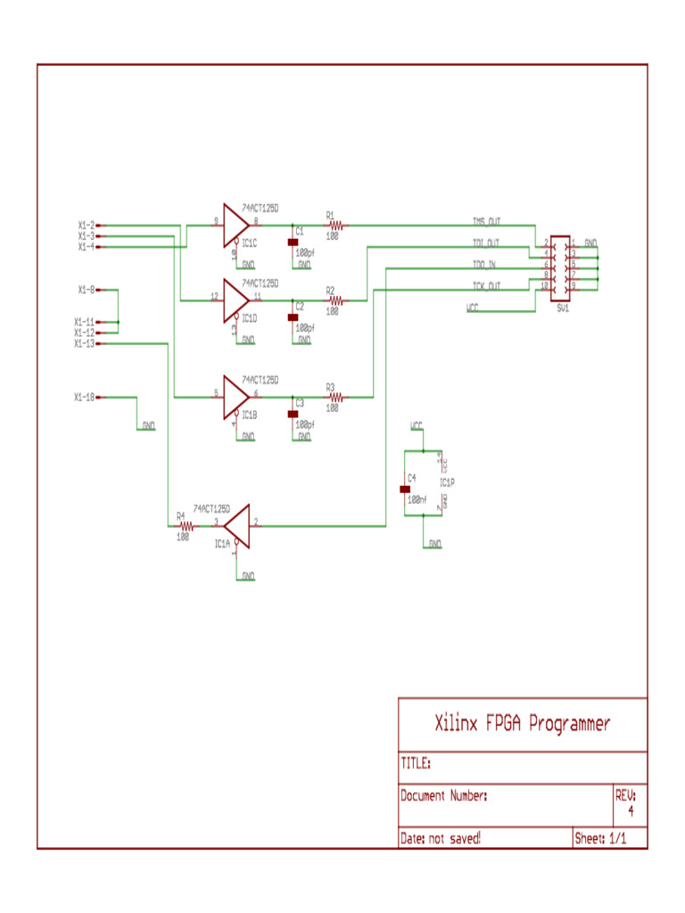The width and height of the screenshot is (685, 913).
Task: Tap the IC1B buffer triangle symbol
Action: (x=235, y=397)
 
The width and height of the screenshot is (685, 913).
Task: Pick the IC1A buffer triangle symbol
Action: (x=238, y=526)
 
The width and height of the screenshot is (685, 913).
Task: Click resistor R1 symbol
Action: (x=335, y=226)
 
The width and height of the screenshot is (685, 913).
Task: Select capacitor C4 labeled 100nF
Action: (x=404, y=489)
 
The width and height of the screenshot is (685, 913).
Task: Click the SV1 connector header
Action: (x=560, y=264)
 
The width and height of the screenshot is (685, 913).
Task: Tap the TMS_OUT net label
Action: (x=486, y=221)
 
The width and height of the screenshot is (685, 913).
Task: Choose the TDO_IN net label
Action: (x=485, y=264)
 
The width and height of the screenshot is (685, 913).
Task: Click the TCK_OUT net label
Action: (x=486, y=285)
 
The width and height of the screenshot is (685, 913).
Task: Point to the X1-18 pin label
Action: (x=84, y=397)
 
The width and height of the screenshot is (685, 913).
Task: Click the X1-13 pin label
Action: (x=84, y=343)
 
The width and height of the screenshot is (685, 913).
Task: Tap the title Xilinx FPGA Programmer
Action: (x=522, y=723)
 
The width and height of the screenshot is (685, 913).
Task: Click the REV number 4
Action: (x=631, y=811)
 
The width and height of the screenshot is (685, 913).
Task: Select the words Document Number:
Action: (x=443, y=795)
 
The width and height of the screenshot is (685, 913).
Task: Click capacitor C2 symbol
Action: (x=293, y=317)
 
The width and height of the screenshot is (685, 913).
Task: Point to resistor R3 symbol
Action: (x=335, y=397)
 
